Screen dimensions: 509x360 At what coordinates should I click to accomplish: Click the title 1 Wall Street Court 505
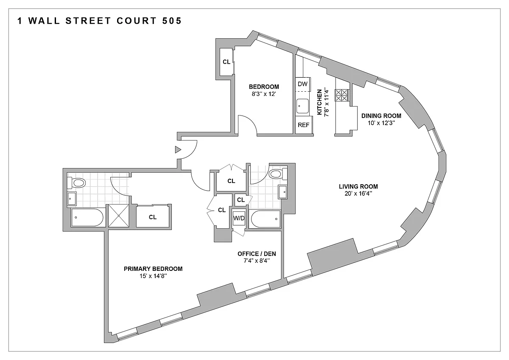(x=100, y=21)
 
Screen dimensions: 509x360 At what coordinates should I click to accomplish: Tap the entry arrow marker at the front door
(x=178, y=149)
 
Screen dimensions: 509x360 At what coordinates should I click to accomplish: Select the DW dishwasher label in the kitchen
(x=302, y=84)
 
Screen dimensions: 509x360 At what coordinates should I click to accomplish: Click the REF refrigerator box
(x=304, y=125)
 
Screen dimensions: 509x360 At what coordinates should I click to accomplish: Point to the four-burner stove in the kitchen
(x=341, y=95)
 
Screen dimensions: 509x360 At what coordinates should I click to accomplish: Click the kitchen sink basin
(x=302, y=106)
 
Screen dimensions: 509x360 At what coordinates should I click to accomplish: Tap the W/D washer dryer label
(x=239, y=218)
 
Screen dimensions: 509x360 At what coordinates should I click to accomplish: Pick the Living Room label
(x=358, y=186)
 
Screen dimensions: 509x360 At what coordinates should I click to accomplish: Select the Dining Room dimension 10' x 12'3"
(x=381, y=123)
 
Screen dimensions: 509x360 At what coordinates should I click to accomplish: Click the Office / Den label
(x=257, y=254)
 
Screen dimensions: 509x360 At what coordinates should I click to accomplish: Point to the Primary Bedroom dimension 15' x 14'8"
(x=154, y=276)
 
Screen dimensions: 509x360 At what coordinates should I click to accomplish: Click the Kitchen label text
(x=319, y=102)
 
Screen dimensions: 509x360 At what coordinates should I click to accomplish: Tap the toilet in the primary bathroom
(x=76, y=183)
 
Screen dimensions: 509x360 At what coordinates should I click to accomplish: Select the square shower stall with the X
(x=119, y=216)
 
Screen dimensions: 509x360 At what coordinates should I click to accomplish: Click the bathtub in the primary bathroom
(x=87, y=218)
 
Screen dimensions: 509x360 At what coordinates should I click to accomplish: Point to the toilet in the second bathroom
(x=278, y=174)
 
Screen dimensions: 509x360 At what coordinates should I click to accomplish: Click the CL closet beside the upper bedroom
(x=227, y=62)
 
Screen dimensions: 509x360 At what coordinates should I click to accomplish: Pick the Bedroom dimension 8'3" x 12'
(x=264, y=94)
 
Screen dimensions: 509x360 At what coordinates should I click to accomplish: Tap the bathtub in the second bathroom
(x=265, y=219)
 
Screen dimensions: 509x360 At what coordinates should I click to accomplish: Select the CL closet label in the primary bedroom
(x=153, y=217)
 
